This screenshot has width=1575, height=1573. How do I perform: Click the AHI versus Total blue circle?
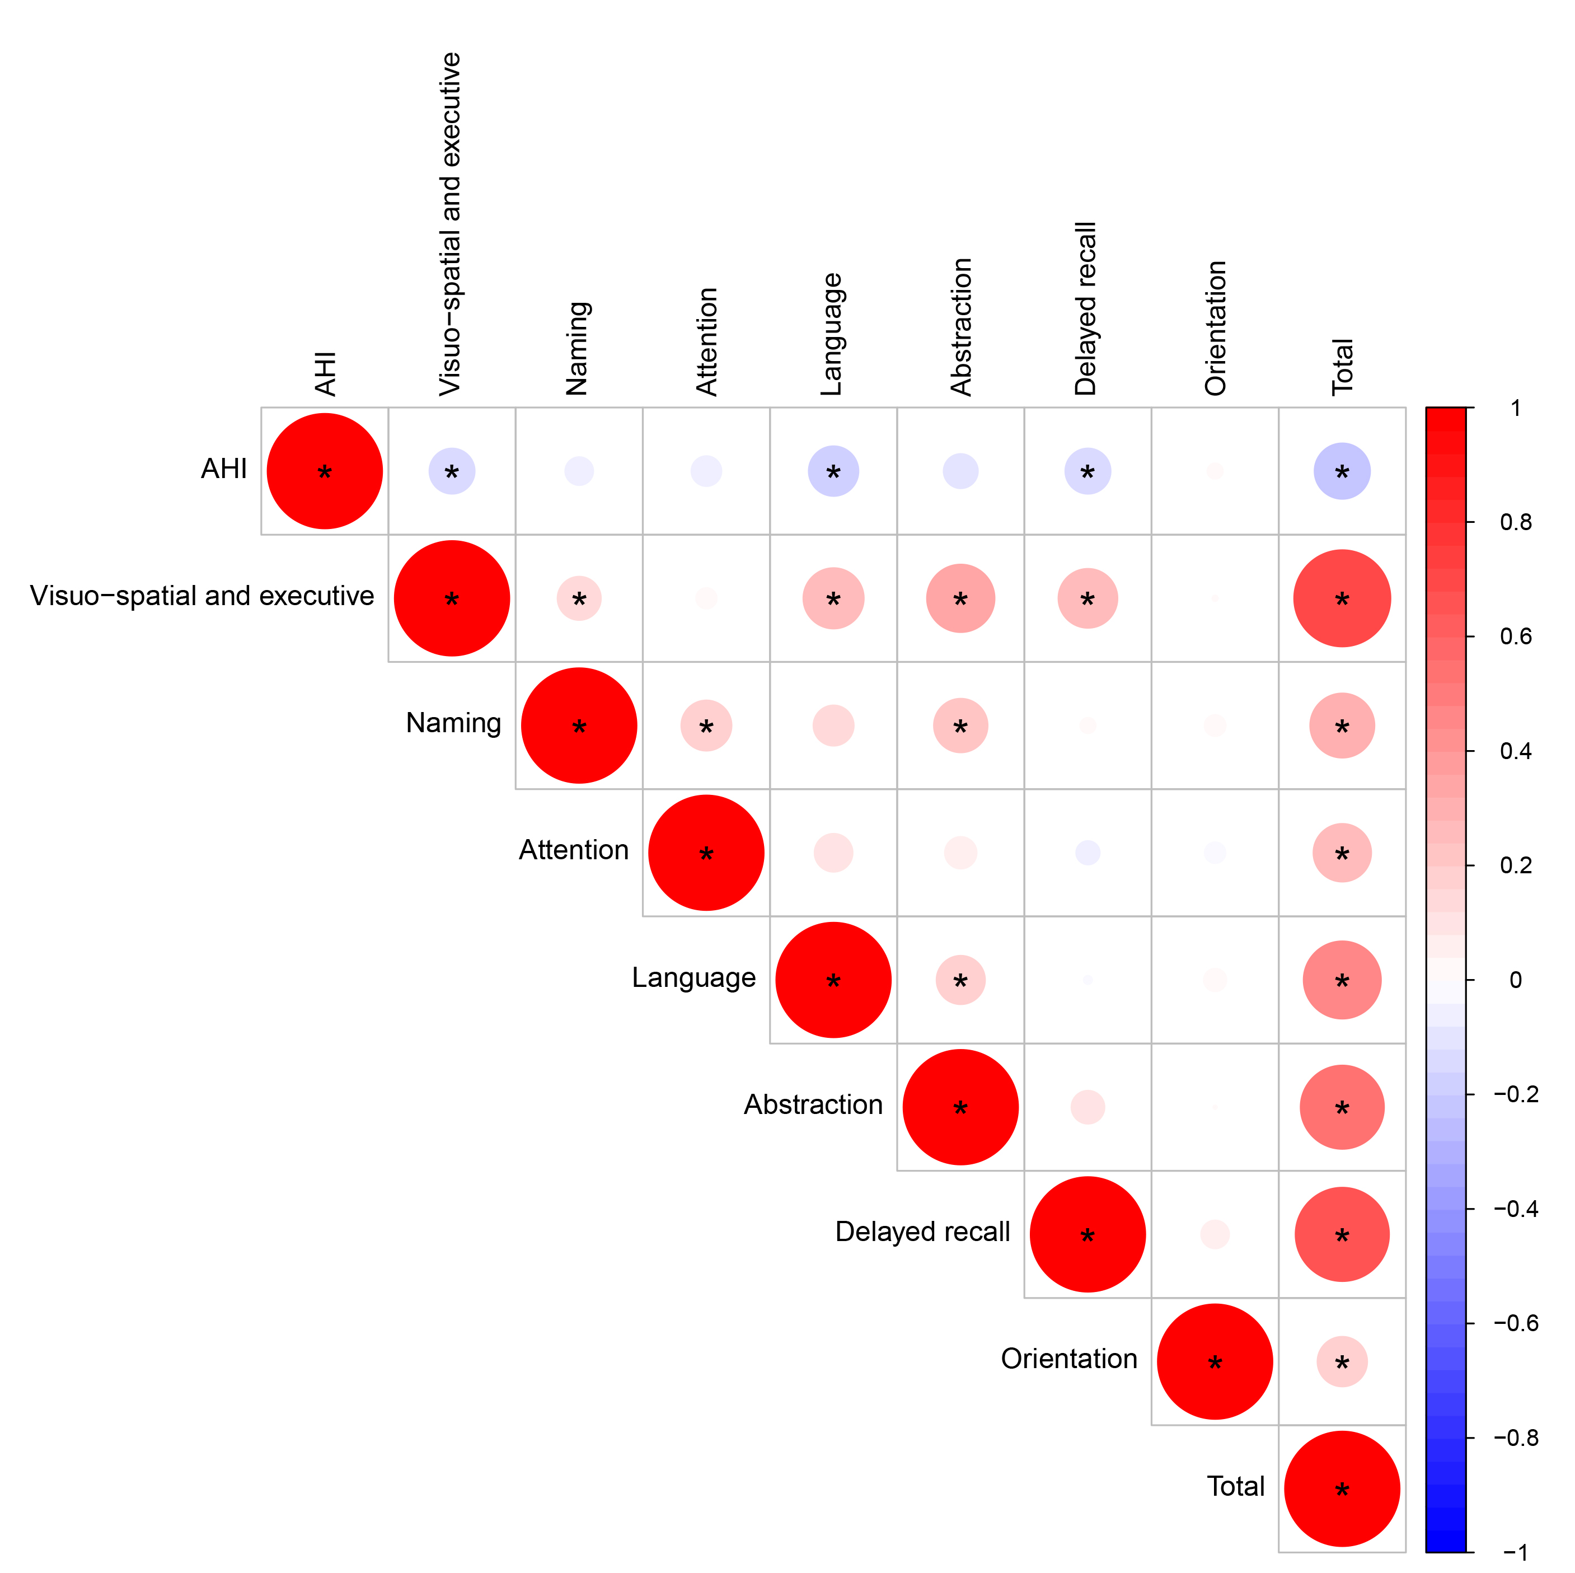coord(1341,471)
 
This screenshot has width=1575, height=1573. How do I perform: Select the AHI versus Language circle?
coord(833,471)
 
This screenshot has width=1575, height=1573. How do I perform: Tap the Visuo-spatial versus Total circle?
coord(1341,598)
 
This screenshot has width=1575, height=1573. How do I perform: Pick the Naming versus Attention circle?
coord(706,725)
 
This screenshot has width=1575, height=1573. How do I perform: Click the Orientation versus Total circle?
coord(1341,1362)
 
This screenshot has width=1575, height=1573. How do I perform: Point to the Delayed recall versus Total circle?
coord(1341,1234)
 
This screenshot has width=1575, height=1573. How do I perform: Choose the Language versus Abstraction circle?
coord(960,980)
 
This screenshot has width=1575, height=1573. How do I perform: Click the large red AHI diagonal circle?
coord(325,471)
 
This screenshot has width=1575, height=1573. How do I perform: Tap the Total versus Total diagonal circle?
coord(1341,1489)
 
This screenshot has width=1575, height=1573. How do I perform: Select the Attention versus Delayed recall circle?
coord(1087,853)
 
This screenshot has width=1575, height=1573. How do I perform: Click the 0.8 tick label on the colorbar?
coord(1516,522)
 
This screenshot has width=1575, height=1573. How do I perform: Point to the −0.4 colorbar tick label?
coord(1516,1209)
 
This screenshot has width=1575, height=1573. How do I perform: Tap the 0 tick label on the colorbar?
coord(1516,980)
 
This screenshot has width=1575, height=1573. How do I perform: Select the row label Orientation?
coord(1069,1359)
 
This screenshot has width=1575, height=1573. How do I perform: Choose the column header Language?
coord(832,334)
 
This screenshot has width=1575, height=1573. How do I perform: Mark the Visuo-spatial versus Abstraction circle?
coord(960,598)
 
